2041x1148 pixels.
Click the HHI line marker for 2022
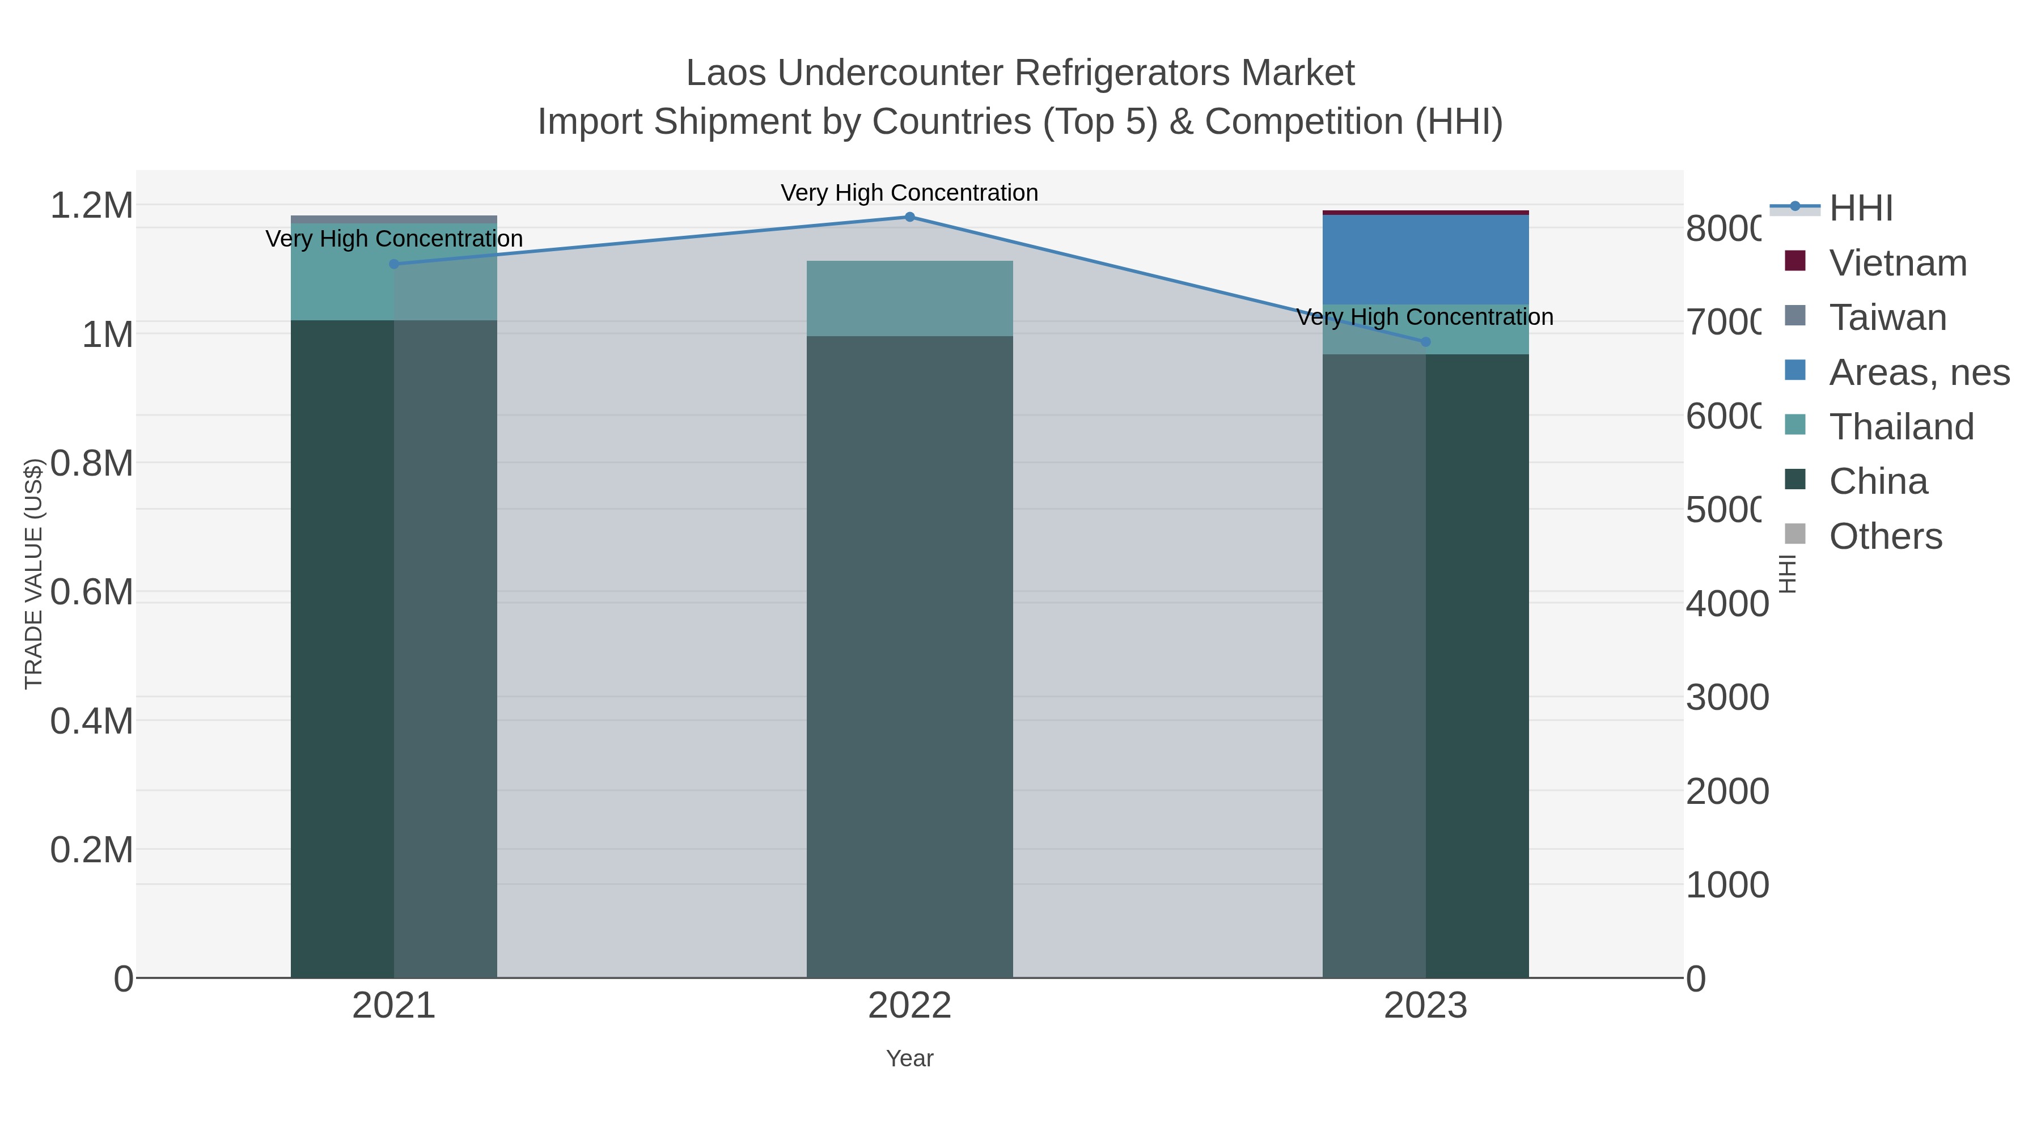pos(909,217)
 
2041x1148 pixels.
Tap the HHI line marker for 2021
pos(394,264)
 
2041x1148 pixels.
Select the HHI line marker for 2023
pos(1425,341)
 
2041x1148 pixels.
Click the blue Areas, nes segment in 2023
pos(1425,259)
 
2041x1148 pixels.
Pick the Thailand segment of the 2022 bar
pos(909,298)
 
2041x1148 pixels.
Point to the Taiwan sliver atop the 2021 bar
pos(394,219)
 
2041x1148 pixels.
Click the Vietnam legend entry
pos(1898,263)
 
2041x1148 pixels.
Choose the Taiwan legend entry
pos(1887,317)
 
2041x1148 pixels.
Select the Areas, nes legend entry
pos(1918,372)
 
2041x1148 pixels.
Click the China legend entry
pos(1878,482)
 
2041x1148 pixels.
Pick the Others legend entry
pos(1885,536)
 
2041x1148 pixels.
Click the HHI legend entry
pos(1860,209)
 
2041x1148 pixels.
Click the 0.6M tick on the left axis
pos(92,592)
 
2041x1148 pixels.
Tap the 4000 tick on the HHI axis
pos(1726,604)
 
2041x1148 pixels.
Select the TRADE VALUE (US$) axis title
pos(33,574)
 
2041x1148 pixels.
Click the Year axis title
pos(909,1058)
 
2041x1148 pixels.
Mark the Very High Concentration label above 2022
pos(909,193)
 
